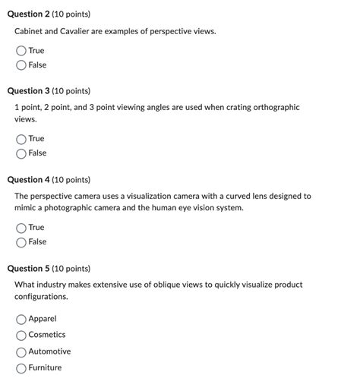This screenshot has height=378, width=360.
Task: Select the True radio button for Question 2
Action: click(x=21, y=51)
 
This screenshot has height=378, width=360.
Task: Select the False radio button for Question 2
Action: click(x=21, y=65)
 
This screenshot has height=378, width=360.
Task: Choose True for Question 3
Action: click(x=21, y=139)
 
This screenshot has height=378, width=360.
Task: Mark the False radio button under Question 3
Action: click(x=21, y=153)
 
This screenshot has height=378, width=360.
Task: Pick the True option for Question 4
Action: click(x=21, y=228)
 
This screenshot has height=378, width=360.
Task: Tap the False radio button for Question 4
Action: click(x=21, y=242)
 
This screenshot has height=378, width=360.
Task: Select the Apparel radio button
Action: click(x=21, y=319)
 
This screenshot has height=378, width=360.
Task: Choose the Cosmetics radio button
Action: click(x=21, y=335)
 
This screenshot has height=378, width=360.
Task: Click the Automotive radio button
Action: click(x=21, y=351)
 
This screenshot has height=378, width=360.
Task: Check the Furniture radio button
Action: click(x=21, y=368)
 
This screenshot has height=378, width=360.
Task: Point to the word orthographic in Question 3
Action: click(x=275, y=108)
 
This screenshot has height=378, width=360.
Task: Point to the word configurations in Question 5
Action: click(x=44, y=297)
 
